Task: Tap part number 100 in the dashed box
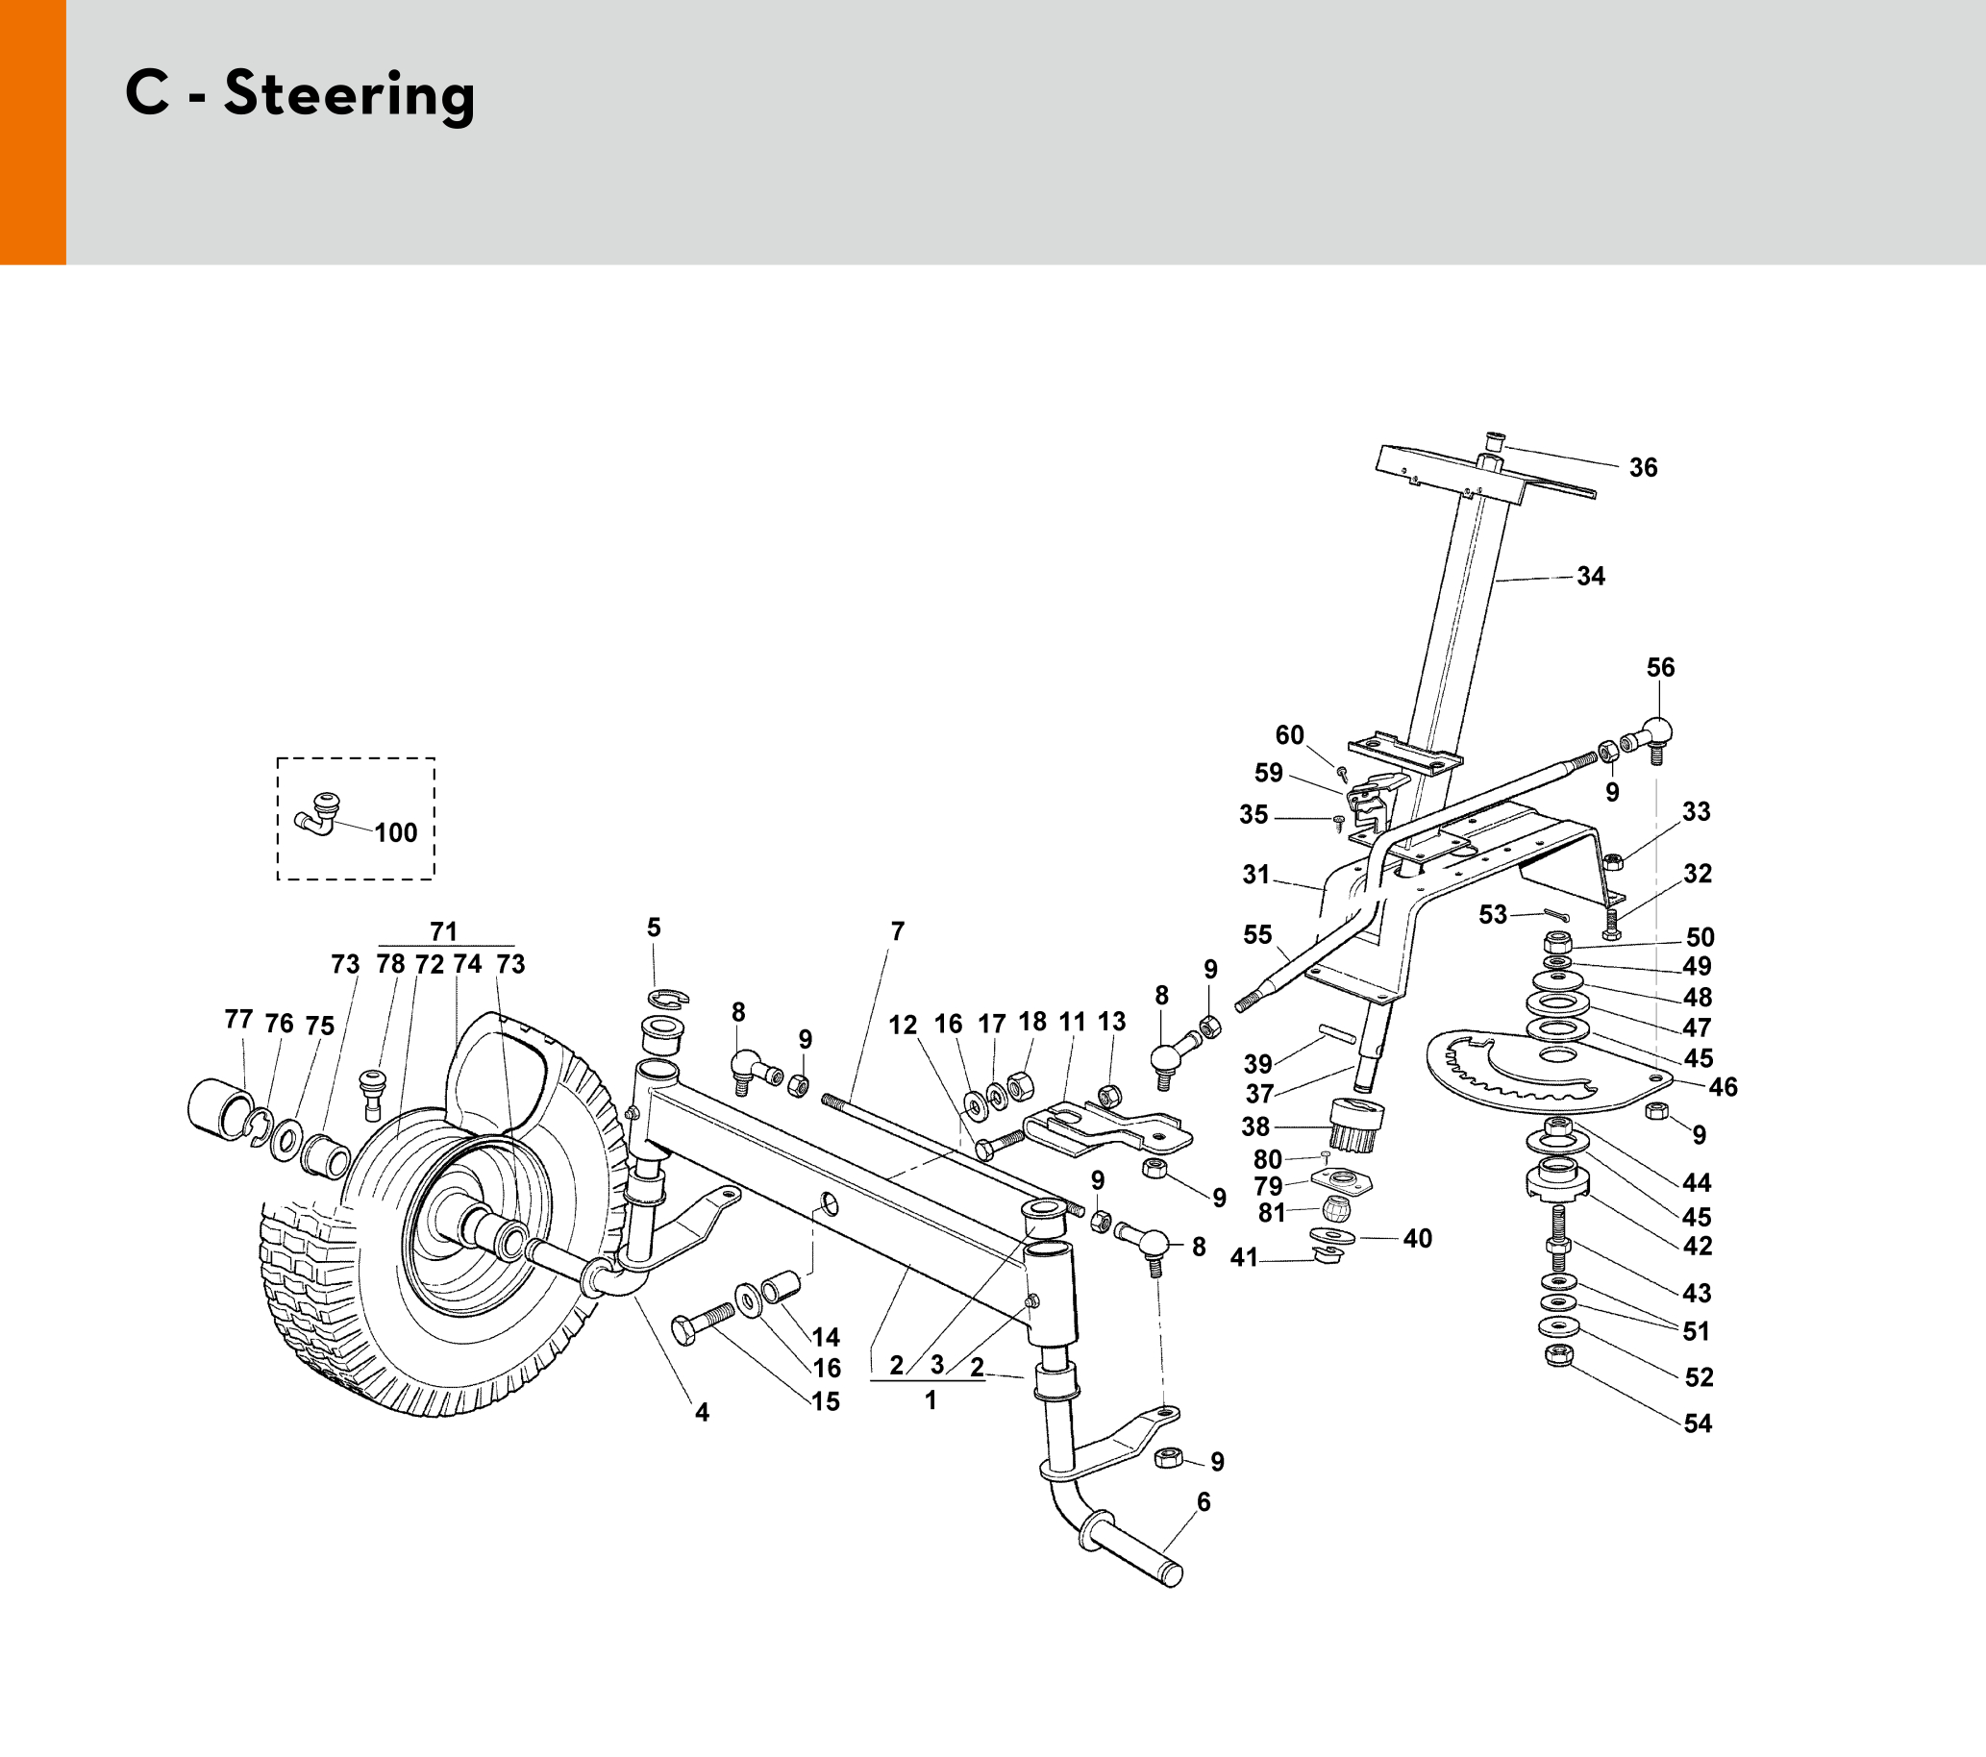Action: (x=395, y=833)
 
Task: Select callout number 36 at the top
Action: (x=1643, y=468)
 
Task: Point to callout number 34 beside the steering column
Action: (x=1591, y=577)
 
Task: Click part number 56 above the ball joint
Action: (x=1660, y=668)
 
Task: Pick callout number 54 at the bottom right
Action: (x=1698, y=1423)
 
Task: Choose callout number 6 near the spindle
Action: (x=1204, y=1502)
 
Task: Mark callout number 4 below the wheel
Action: (x=702, y=1413)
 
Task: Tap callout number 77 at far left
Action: (x=238, y=1020)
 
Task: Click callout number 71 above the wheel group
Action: (x=443, y=931)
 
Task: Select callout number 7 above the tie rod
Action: (x=897, y=931)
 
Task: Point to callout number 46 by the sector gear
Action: (x=1723, y=1088)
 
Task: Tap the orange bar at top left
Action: (x=32, y=132)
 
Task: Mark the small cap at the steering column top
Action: (x=1495, y=443)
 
